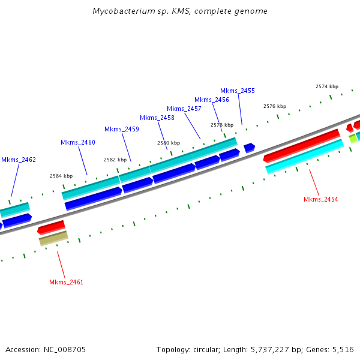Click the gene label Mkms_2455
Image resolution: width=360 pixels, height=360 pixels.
click(x=238, y=91)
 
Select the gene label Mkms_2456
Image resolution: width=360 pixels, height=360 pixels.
click(x=212, y=100)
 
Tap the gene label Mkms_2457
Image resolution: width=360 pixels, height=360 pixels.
click(x=184, y=109)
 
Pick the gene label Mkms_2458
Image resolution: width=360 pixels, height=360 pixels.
click(x=157, y=118)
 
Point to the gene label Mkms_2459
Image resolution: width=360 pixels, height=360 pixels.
click(x=122, y=129)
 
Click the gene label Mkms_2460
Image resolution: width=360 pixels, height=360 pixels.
click(x=78, y=142)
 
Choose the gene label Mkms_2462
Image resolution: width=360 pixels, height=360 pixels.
click(x=19, y=160)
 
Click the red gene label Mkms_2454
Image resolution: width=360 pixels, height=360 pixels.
click(x=320, y=199)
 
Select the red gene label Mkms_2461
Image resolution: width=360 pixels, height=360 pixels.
click(x=66, y=282)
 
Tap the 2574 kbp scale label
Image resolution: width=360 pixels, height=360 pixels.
click(x=327, y=86)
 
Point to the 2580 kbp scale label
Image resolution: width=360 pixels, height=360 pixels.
click(x=169, y=143)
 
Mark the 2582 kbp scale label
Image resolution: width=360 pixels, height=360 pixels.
click(x=115, y=160)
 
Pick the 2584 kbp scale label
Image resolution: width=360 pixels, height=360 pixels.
click(x=61, y=176)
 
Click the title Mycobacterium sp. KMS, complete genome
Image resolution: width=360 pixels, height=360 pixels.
click(x=180, y=11)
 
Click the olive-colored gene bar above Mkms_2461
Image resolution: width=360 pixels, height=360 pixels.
click(x=53, y=238)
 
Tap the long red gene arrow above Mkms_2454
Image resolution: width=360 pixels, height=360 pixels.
click(x=302, y=145)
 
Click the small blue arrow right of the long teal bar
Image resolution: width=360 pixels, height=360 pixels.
click(x=249, y=147)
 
